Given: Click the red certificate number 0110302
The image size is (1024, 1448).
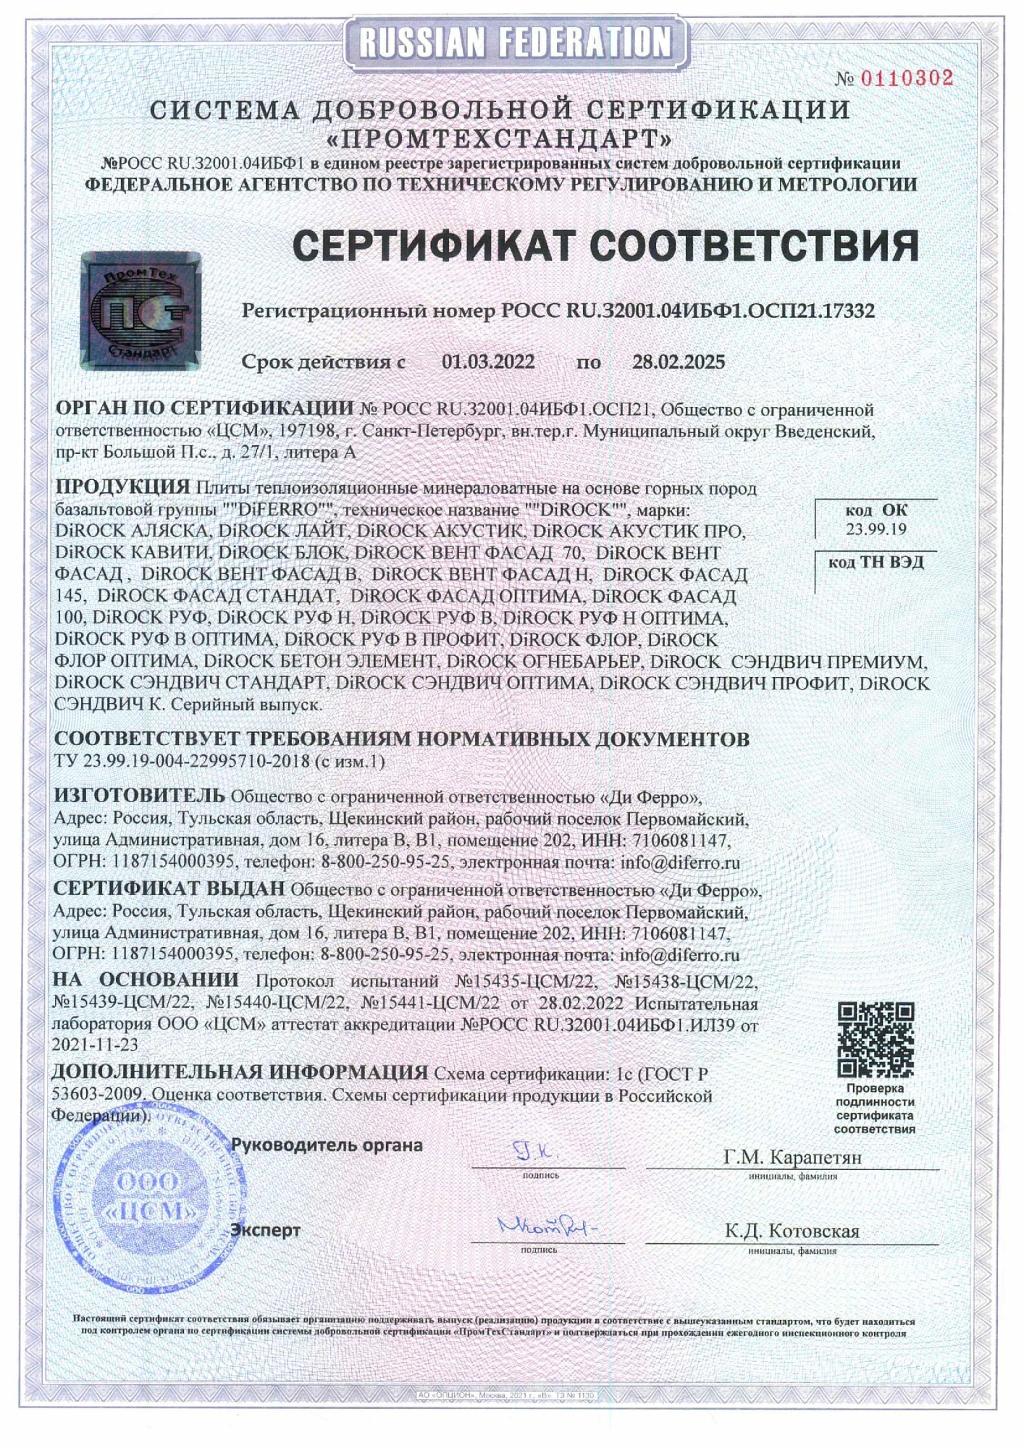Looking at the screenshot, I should [x=906, y=78].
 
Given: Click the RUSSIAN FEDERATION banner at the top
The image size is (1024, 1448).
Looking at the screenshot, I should [x=515, y=41].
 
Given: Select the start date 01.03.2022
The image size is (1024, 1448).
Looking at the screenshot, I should [x=488, y=361].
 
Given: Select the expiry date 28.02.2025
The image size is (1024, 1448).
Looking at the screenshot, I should [x=678, y=361].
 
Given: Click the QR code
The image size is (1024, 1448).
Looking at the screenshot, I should [x=876, y=1040].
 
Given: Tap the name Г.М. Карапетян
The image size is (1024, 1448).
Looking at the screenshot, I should [x=792, y=1157].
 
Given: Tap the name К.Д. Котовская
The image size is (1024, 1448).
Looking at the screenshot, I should [x=792, y=1231].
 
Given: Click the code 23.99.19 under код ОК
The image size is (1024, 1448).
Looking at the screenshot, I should [x=876, y=529].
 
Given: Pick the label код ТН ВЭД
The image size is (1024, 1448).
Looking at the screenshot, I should [x=876, y=563].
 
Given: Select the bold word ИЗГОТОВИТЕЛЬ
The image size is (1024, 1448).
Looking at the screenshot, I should [x=139, y=796].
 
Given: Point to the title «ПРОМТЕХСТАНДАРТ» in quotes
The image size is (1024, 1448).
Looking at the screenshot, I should [x=500, y=138].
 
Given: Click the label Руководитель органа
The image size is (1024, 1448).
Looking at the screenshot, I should [x=326, y=1145].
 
